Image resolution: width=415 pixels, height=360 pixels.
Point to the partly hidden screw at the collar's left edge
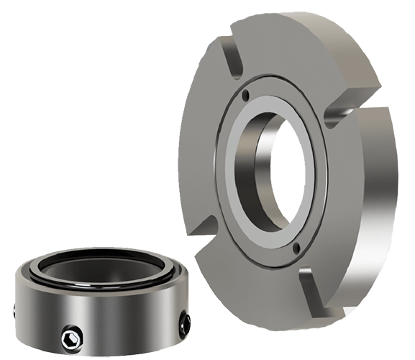tap(16, 310)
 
